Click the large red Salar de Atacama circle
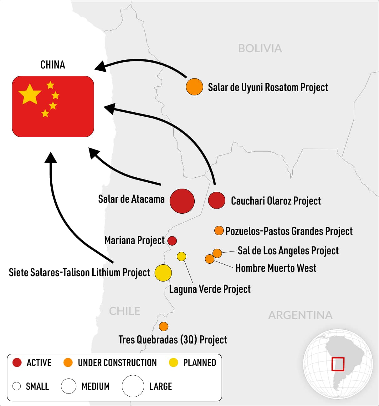coord(182,201)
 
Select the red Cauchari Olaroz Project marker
coord(217,200)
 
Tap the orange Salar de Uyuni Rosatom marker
coord(194,87)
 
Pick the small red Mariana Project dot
coord(172,241)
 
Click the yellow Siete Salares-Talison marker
coord(163,273)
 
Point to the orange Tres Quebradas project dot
coord(164,327)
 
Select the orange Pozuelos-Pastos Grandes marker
coord(219,231)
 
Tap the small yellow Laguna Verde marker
coord(182,256)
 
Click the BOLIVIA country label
coord(260,48)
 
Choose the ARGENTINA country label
coord(300,315)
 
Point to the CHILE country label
coord(125,311)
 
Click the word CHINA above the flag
coord(53,65)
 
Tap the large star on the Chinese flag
coord(30,94)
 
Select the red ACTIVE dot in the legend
coord(17,363)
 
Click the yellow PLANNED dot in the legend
coord(173,363)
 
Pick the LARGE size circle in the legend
coord(133,386)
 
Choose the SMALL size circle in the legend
coord(17,386)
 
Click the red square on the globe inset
coord(338,364)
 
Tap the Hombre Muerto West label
coord(276,268)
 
